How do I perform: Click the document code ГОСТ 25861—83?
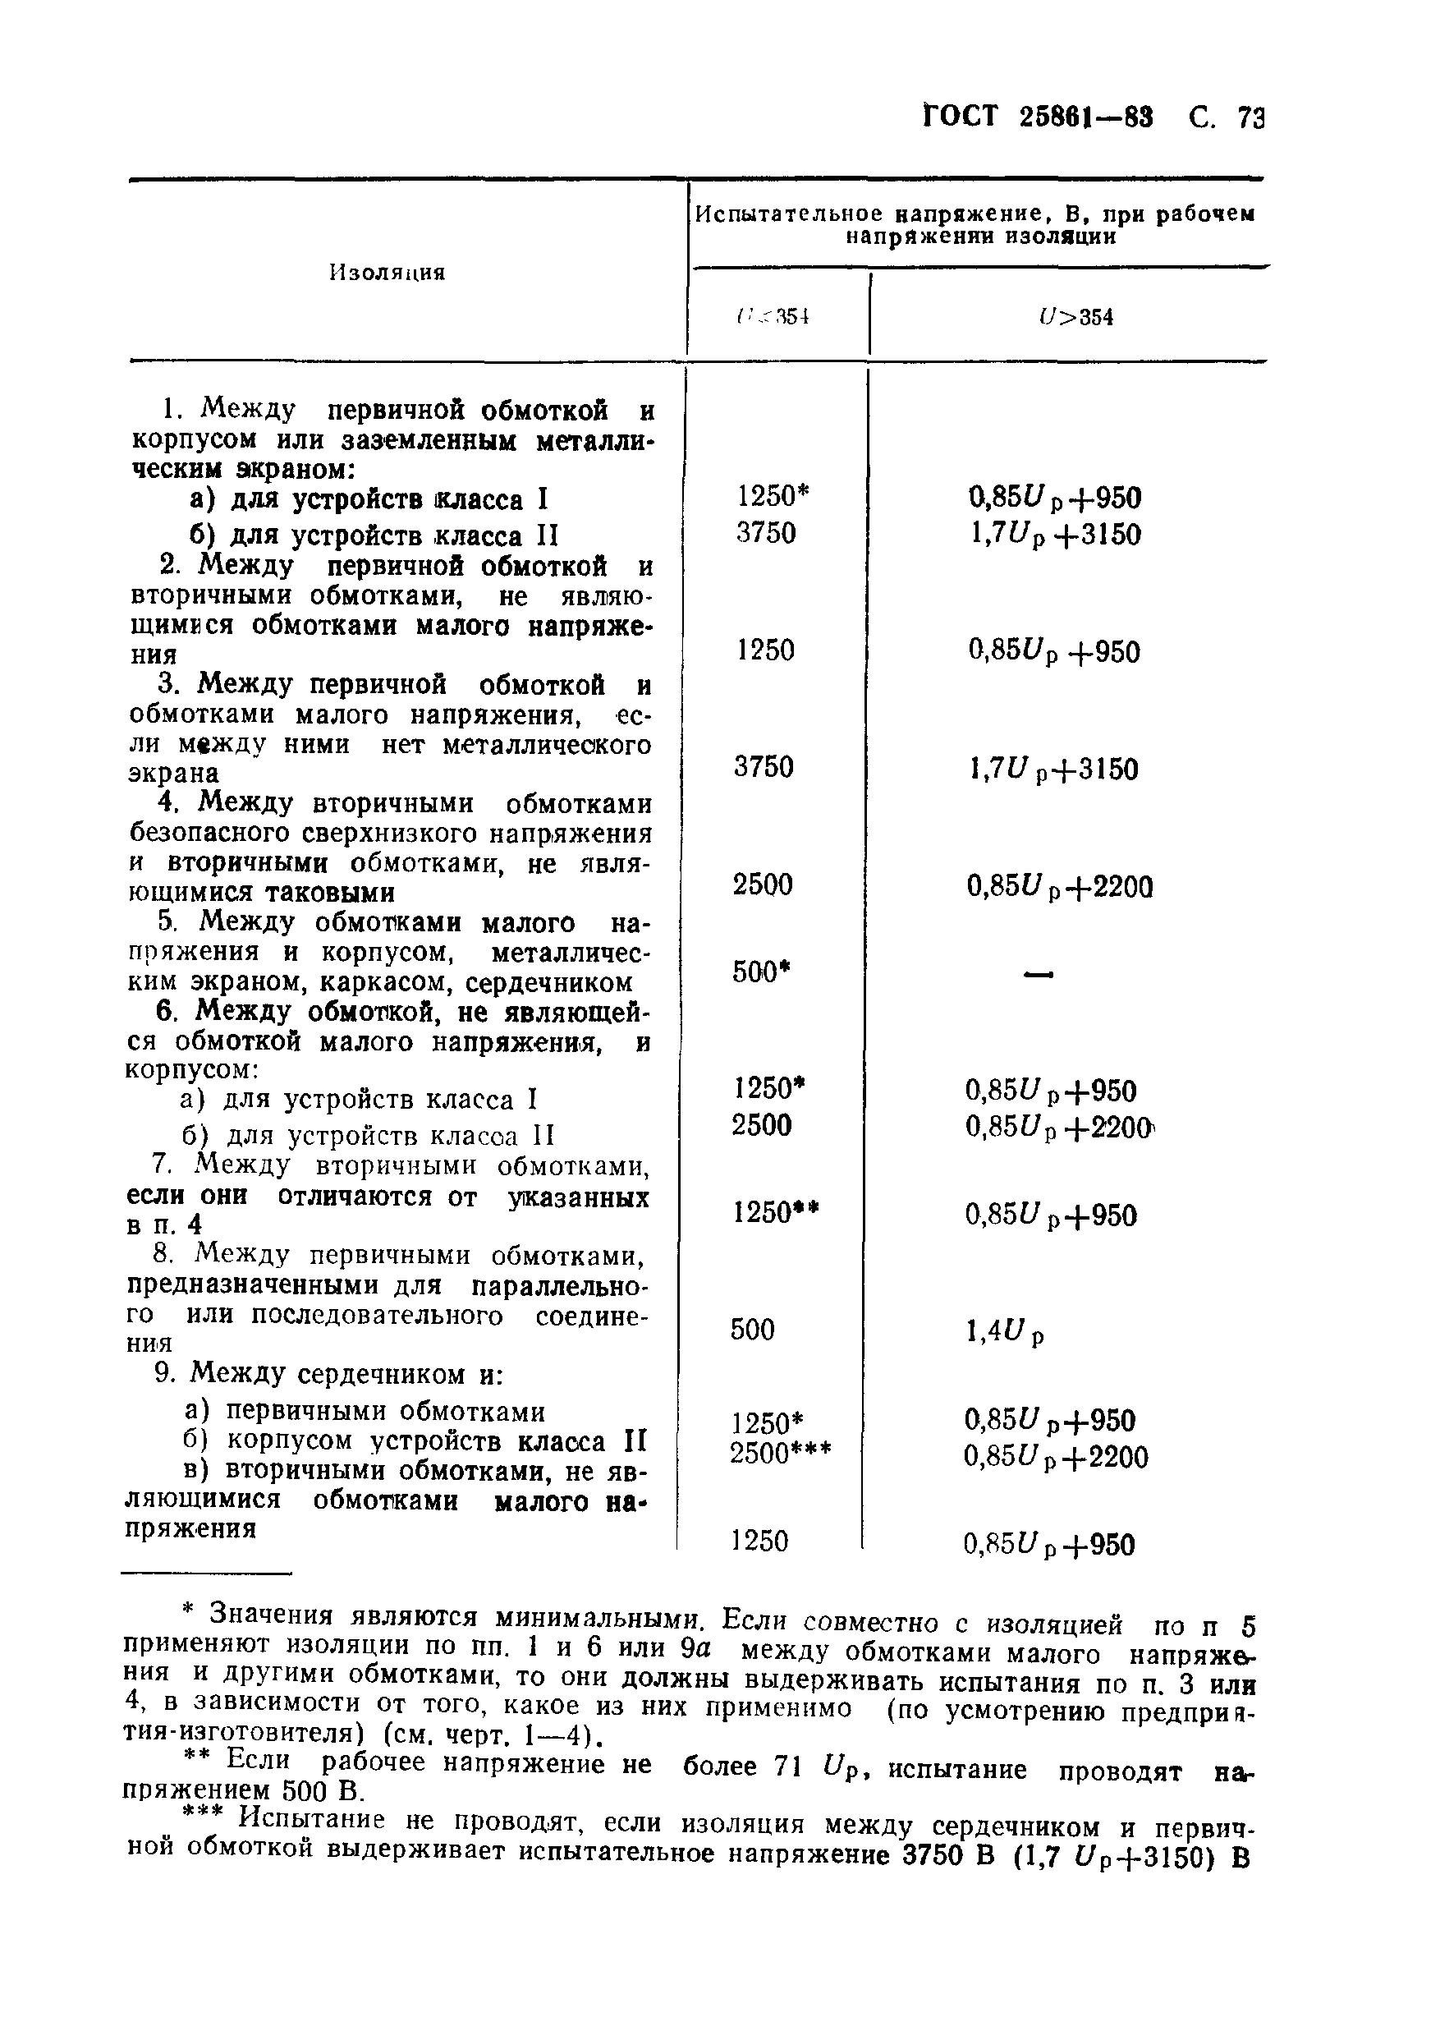tap(1039, 117)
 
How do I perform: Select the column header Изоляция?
tap(388, 273)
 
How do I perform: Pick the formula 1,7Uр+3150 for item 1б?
tap(1055, 535)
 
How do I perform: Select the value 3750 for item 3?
tap(764, 767)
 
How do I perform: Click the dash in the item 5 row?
tap(1039, 975)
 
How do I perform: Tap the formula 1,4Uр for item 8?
tap(1004, 1331)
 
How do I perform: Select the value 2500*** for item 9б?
tap(781, 1454)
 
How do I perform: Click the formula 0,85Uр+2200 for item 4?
tap(1060, 887)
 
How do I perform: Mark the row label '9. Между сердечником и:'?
tap(328, 1375)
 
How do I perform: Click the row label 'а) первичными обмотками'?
tap(365, 1412)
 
